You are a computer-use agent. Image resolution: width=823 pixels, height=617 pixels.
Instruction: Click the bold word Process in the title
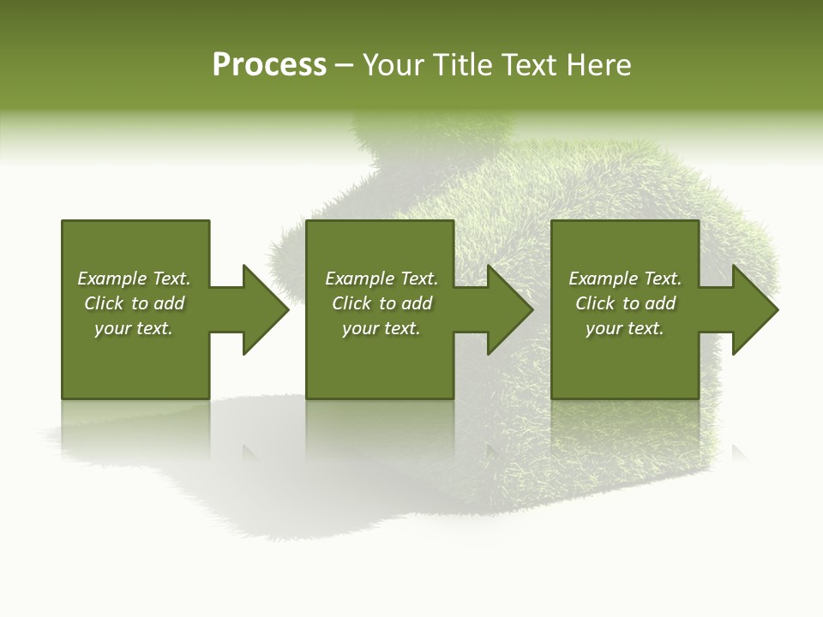(x=269, y=65)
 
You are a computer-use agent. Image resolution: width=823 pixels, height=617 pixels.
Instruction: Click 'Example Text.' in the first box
(x=134, y=279)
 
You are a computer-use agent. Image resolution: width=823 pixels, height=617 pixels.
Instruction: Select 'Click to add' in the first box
(x=134, y=303)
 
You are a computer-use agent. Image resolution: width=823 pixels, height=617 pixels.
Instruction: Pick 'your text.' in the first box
(x=134, y=328)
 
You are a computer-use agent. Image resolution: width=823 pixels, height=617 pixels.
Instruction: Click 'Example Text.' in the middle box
(x=381, y=279)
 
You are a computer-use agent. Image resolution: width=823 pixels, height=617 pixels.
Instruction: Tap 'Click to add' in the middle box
(x=381, y=303)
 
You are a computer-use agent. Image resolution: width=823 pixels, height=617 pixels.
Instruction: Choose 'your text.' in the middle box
(x=381, y=328)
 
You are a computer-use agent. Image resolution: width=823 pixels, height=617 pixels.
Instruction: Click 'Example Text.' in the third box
(x=625, y=279)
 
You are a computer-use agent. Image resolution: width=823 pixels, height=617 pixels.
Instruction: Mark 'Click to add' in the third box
(x=625, y=303)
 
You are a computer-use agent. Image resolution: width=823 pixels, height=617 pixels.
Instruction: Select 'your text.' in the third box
(x=625, y=328)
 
